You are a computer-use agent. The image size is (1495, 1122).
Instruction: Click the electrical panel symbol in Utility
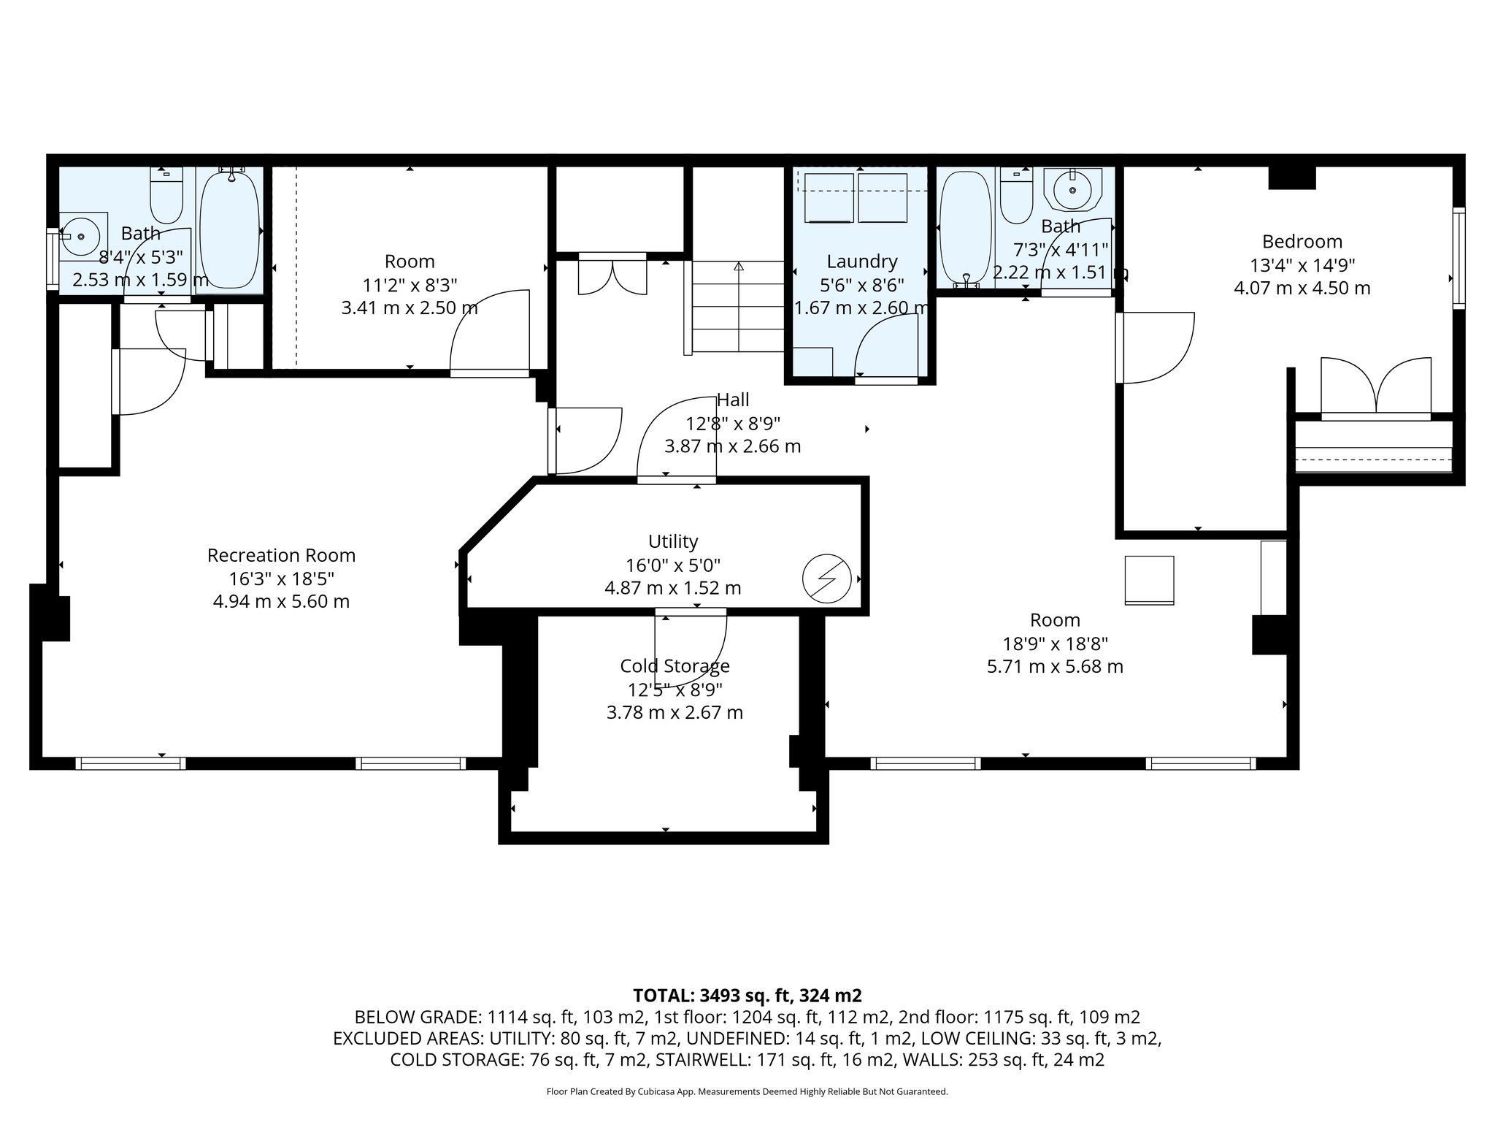pyautogui.click(x=827, y=579)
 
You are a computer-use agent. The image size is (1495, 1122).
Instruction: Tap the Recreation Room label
pyautogui.click(x=281, y=555)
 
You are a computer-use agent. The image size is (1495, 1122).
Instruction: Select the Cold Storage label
pyautogui.click(x=675, y=665)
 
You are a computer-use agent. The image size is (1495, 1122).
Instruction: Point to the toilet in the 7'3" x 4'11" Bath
pyautogui.click(x=1015, y=195)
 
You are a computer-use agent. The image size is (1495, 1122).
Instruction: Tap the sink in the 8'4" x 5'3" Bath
pyautogui.click(x=83, y=236)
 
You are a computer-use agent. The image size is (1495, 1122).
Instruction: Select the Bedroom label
pyautogui.click(x=1302, y=241)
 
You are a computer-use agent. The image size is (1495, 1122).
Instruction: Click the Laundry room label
pyautogui.click(x=862, y=261)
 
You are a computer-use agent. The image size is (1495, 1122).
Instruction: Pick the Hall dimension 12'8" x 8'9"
pyautogui.click(x=733, y=423)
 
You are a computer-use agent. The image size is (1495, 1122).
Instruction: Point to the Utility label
pyautogui.click(x=673, y=541)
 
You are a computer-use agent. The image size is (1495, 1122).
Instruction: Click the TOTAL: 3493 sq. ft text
pyautogui.click(x=712, y=995)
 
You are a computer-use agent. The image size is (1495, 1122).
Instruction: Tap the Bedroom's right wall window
pyautogui.click(x=1459, y=258)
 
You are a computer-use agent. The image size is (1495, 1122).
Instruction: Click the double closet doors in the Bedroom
pyautogui.click(x=1376, y=388)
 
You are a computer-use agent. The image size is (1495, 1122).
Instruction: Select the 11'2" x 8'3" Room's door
pyautogui.click(x=489, y=333)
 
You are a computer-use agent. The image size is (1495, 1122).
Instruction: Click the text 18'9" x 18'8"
pyautogui.click(x=1056, y=644)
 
